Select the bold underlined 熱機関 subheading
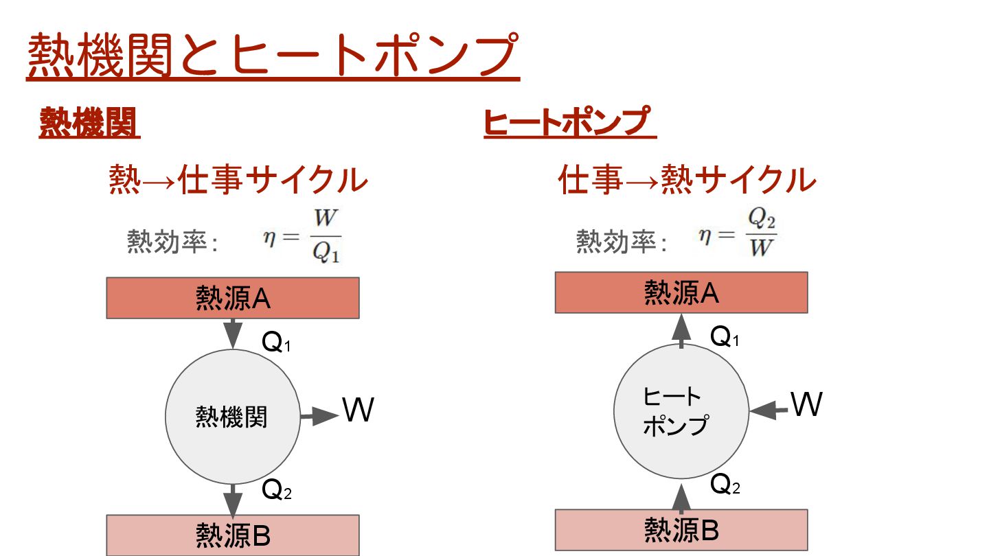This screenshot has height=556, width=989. click(x=89, y=124)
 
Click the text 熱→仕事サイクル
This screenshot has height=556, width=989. click(x=238, y=181)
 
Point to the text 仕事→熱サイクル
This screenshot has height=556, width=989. click(x=687, y=181)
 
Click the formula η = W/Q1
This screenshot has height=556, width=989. click(x=302, y=237)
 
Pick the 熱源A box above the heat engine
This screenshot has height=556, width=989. click(x=233, y=298)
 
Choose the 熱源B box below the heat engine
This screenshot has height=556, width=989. click(x=233, y=535)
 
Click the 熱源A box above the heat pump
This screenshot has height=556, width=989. click(x=681, y=292)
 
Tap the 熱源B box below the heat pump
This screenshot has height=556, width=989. click(x=681, y=529)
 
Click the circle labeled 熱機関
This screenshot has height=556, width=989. click(x=233, y=417)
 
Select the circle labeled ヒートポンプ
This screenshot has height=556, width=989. click(x=681, y=411)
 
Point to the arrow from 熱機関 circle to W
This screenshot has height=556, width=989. click(x=319, y=415)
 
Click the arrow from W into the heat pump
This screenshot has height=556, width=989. click(x=769, y=410)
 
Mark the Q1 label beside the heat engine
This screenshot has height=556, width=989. click(x=277, y=343)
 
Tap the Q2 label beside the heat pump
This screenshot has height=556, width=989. click(x=725, y=485)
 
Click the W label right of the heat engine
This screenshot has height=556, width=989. click(x=358, y=410)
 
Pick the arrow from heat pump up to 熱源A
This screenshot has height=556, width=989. click(x=681, y=331)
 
